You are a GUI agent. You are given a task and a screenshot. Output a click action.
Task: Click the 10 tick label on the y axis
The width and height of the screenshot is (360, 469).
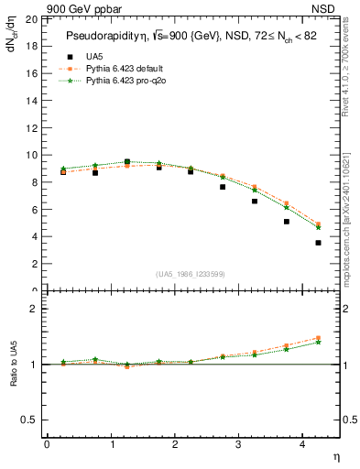point(31,155)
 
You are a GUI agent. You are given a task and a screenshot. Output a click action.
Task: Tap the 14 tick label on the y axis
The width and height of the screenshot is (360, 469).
point(31,101)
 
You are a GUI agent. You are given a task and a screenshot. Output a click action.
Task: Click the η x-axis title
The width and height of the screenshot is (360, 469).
point(335,457)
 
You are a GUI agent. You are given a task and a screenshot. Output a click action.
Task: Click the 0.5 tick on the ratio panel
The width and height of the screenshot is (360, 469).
point(29,420)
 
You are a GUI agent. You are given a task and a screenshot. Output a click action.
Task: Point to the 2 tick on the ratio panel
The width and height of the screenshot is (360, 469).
point(34,309)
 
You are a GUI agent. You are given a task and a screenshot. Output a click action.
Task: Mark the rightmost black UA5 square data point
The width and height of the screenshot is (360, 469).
point(318,243)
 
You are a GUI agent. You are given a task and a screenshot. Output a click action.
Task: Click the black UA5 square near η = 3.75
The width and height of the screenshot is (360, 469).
point(286,222)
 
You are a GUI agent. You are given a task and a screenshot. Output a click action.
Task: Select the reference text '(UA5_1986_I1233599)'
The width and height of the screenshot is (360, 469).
point(191,274)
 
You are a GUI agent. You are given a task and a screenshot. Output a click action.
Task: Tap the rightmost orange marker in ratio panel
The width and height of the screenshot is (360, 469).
point(318,338)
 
